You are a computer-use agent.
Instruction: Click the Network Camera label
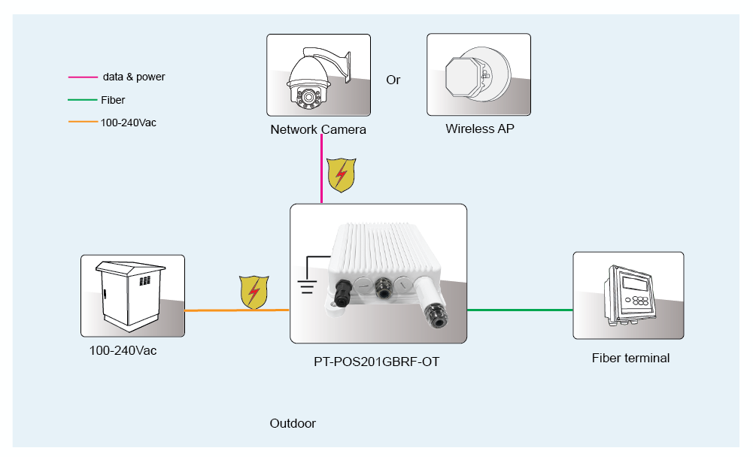click(x=318, y=129)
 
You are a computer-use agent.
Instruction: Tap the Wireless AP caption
click(x=479, y=129)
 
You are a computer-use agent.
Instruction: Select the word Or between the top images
click(x=393, y=80)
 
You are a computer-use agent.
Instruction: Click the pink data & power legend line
click(x=83, y=77)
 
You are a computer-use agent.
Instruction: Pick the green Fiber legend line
click(x=83, y=100)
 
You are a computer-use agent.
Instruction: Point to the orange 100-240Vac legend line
click(x=83, y=122)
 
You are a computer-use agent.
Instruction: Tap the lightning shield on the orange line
click(x=254, y=292)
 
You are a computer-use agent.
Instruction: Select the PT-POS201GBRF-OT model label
click(x=376, y=362)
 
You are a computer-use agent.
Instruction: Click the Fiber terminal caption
click(x=630, y=358)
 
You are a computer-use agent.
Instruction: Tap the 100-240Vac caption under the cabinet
click(x=123, y=350)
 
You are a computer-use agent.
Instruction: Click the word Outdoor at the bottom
click(x=293, y=423)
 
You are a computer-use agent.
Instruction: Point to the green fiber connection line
click(x=519, y=310)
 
